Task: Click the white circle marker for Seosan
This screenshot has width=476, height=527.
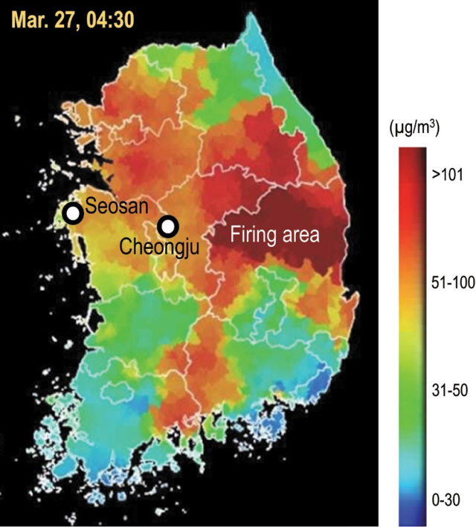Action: coord(72,213)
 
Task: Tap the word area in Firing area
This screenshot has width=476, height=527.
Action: coord(298,236)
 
